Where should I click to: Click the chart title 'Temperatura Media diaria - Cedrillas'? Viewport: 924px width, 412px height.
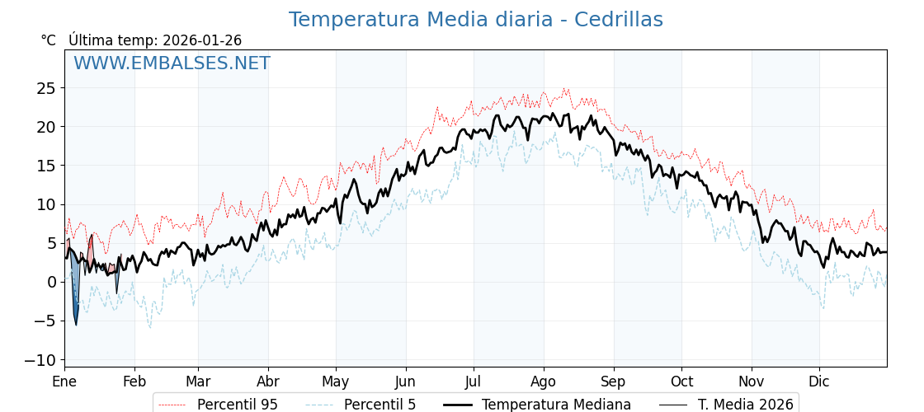coord(475,20)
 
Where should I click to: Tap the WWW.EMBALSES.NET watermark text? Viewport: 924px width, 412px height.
coord(172,63)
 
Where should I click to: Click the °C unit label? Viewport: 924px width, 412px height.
coord(49,40)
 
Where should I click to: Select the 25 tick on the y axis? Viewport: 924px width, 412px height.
coord(46,88)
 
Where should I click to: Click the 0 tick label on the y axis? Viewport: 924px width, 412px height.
coord(51,283)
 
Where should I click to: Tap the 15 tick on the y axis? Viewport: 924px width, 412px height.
coord(46,166)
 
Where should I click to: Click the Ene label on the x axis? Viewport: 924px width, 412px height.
coord(64,382)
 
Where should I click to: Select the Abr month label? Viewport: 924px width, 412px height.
coord(267,382)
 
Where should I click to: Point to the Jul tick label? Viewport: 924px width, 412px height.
coord(474,382)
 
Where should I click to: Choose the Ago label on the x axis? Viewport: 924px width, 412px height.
coord(544,382)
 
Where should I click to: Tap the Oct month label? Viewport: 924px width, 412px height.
coord(681,382)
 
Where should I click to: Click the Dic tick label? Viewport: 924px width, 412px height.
coord(819,382)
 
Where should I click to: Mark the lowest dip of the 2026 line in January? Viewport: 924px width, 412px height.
coord(76,324)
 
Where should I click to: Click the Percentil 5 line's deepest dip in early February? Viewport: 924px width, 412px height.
coord(150,328)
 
